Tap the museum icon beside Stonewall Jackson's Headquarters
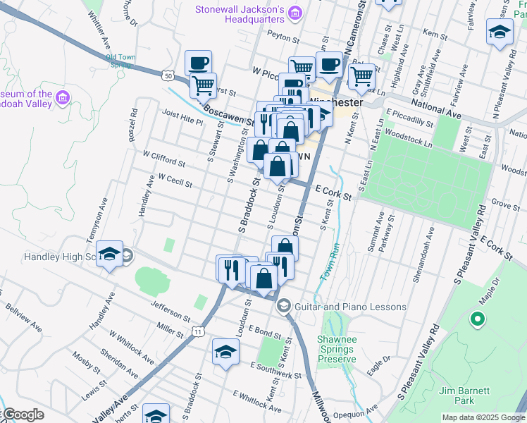tap(295, 14)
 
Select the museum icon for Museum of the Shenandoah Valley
tap(63, 97)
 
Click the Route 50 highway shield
tap(167, 75)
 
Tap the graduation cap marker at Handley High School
tap(109, 256)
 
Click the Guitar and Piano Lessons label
tap(350, 307)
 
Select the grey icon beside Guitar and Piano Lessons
tap(284, 306)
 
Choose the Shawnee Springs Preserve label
tap(337, 349)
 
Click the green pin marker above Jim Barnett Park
tap(477, 320)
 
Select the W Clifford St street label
tap(163, 158)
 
